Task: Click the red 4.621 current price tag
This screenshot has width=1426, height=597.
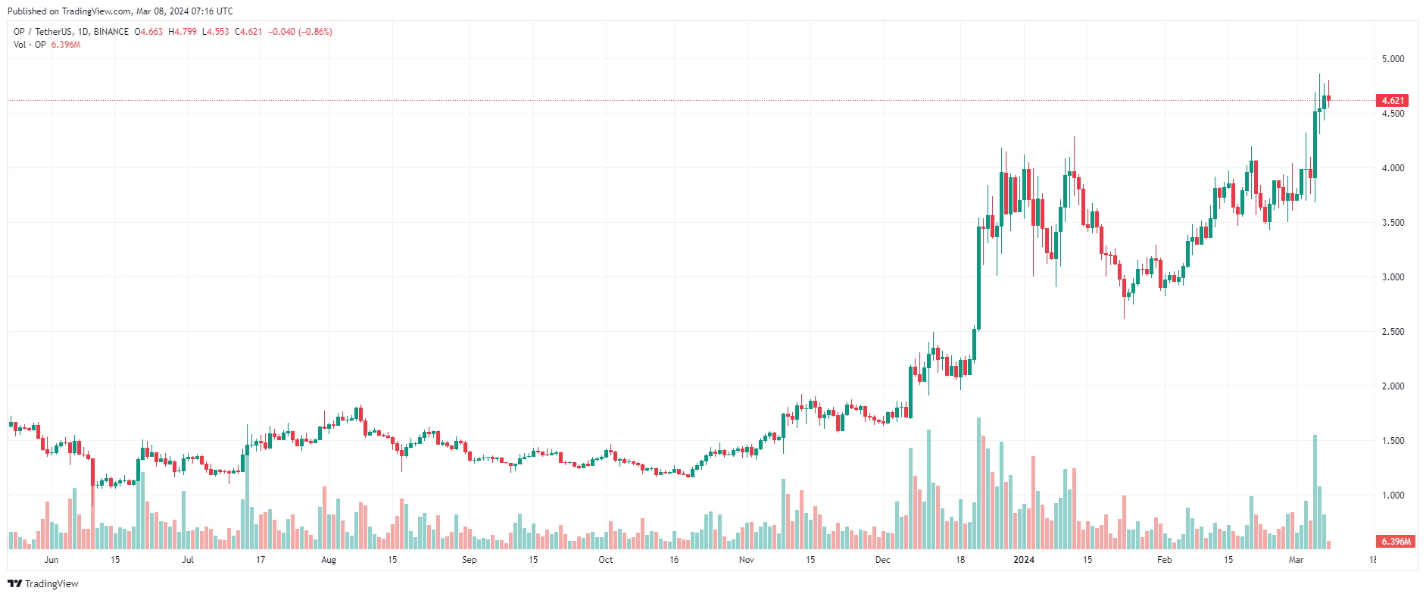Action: tap(1392, 101)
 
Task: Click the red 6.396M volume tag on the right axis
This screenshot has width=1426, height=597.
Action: tap(1395, 542)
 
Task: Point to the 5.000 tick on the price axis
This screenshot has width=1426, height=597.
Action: tap(1393, 59)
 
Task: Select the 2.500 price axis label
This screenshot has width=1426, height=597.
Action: tap(1393, 332)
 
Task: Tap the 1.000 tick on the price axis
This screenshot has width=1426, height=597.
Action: tap(1393, 495)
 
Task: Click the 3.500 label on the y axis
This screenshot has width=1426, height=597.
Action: tap(1393, 223)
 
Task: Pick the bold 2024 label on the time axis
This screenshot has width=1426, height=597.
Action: tap(1024, 560)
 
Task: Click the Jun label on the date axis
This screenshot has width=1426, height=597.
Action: tap(51, 560)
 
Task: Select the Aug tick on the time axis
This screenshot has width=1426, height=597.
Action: tap(329, 560)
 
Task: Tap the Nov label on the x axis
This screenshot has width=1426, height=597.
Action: tap(747, 560)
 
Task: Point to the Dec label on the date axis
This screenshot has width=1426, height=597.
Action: tap(883, 560)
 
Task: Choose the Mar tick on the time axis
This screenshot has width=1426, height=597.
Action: tap(1297, 560)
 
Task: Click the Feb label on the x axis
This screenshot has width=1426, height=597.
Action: tap(1165, 560)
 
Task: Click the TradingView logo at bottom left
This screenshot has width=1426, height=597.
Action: tap(43, 583)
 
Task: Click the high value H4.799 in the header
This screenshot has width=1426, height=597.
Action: tap(183, 32)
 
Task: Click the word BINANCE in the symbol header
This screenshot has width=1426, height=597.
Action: tap(111, 32)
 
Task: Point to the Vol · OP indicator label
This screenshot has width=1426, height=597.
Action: tap(30, 45)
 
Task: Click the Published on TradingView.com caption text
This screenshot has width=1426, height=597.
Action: tap(120, 11)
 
